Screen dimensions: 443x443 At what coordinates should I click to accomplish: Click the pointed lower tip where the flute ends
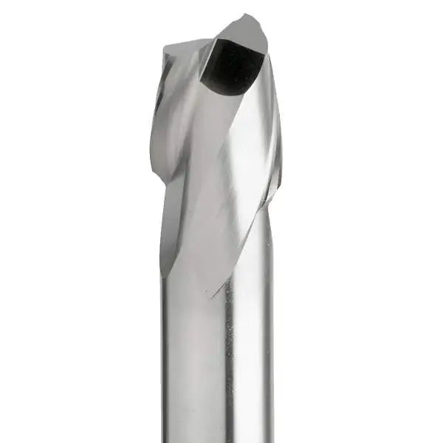tap(214, 296)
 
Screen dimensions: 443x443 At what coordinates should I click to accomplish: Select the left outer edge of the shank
tap(162, 354)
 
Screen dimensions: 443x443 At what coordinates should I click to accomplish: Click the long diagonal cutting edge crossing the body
tap(236, 221)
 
